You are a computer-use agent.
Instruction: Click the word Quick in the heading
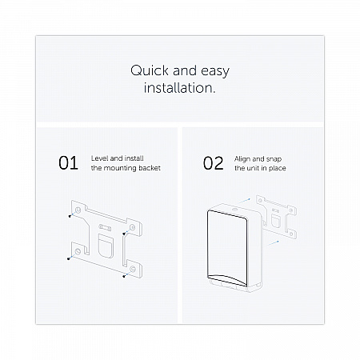[150, 71]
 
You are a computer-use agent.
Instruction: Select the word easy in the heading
[215, 72]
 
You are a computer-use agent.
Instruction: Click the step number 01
[68, 163]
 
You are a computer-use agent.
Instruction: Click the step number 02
[213, 163]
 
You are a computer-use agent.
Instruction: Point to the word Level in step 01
[99, 158]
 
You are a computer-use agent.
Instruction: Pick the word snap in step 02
[274, 159]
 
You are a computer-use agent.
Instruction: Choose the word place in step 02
[277, 168]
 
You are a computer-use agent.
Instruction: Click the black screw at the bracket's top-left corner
[70, 216]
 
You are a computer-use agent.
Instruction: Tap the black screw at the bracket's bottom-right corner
[124, 276]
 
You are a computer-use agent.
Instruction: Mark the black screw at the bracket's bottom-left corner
[69, 258]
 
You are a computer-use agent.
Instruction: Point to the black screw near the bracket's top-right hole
[124, 234]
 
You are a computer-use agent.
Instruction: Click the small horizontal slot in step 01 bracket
[106, 227]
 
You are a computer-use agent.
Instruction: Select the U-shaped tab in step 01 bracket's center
[106, 246]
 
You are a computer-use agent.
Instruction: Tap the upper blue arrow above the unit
[244, 201]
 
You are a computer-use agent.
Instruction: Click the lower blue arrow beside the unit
[273, 243]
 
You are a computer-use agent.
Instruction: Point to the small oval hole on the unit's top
[234, 210]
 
